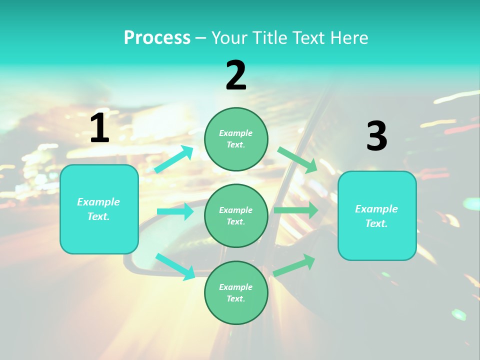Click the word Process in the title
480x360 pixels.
click(x=157, y=37)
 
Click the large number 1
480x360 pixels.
click(x=99, y=128)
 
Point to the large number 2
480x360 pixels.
click(x=236, y=75)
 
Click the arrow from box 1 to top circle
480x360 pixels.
click(x=173, y=159)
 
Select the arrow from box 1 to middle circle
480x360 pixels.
click(x=175, y=211)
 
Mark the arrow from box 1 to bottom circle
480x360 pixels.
click(x=175, y=266)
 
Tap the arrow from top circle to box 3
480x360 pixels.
click(x=297, y=159)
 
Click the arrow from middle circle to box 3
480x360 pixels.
click(x=296, y=210)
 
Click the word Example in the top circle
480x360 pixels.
click(x=236, y=133)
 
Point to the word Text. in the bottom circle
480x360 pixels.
click(x=236, y=298)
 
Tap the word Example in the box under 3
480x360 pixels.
click(x=376, y=209)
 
